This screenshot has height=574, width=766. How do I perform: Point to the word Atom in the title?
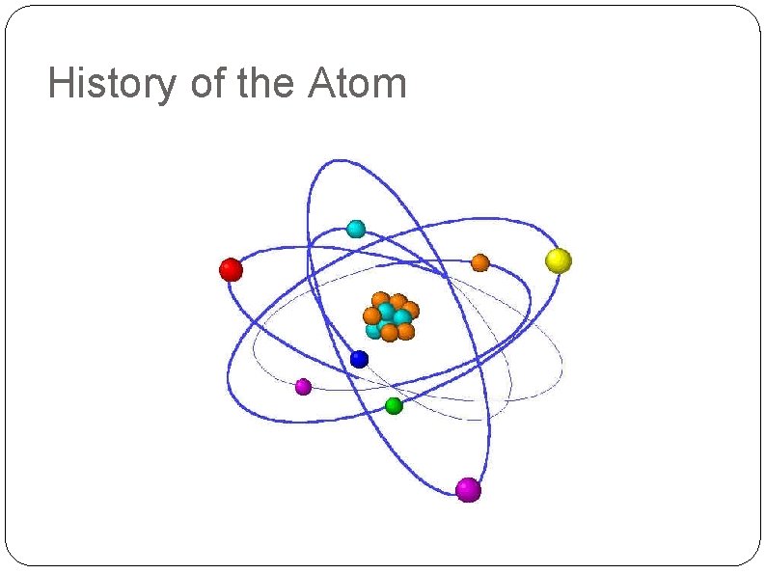tap(358, 85)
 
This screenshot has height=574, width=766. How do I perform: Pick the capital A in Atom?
tap(322, 84)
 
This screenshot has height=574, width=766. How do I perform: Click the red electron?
tap(231, 269)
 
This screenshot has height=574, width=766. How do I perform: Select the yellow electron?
tap(559, 260)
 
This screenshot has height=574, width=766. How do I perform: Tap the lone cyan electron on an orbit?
tap(356, 229)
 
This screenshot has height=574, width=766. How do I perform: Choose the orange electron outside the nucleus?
tap(479, 262)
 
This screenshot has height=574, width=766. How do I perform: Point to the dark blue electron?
tap(360, 359)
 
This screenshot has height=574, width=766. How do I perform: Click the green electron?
tap(394, 406)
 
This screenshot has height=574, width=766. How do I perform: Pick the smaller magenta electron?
tap(303, 387)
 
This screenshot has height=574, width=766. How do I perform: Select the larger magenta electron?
tap(469, 490)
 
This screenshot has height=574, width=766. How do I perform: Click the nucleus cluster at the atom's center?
tap(391, 316)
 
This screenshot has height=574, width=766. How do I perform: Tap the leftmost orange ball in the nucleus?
tap(371, 315)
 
